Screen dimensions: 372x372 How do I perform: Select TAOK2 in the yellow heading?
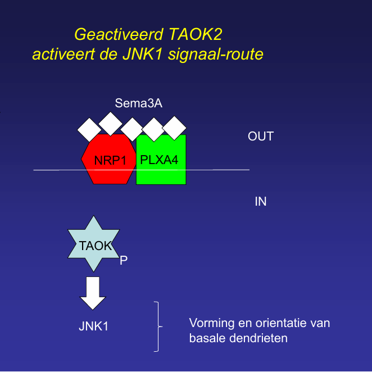[196, 35]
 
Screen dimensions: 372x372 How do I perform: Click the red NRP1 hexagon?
[109, 160]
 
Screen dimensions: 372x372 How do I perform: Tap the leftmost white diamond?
[89, 130]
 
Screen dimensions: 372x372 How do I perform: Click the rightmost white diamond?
[174, 128]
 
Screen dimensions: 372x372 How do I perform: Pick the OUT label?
[260, 137]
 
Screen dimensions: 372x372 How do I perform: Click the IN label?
[261, 201]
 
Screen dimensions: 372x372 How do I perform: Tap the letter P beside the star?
[124, 260]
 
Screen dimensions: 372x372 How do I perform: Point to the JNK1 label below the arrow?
[93, 326]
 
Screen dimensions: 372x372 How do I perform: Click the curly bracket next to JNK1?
[158, 326]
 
